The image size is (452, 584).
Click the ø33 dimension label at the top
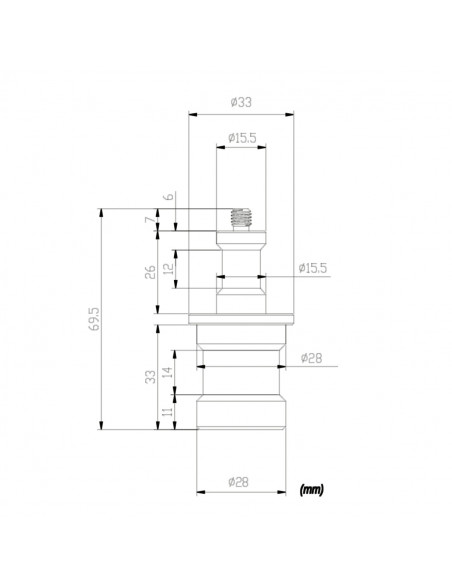click(x=241, y=102)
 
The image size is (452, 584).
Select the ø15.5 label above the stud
click(x=242, y=138)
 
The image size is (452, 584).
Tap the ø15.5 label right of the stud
click(x=313, y=268)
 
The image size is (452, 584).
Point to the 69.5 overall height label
click(x=95, y=319)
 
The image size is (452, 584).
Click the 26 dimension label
click(x=150, y=272)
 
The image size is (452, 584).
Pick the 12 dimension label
click(x=169, y=267)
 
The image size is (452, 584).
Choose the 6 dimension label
click(x=169, y=196)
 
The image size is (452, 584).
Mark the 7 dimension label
click(x=149, y=220)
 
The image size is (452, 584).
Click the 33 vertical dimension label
click(x=150, y=377)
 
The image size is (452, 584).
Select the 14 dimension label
click(x=169, y=372)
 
